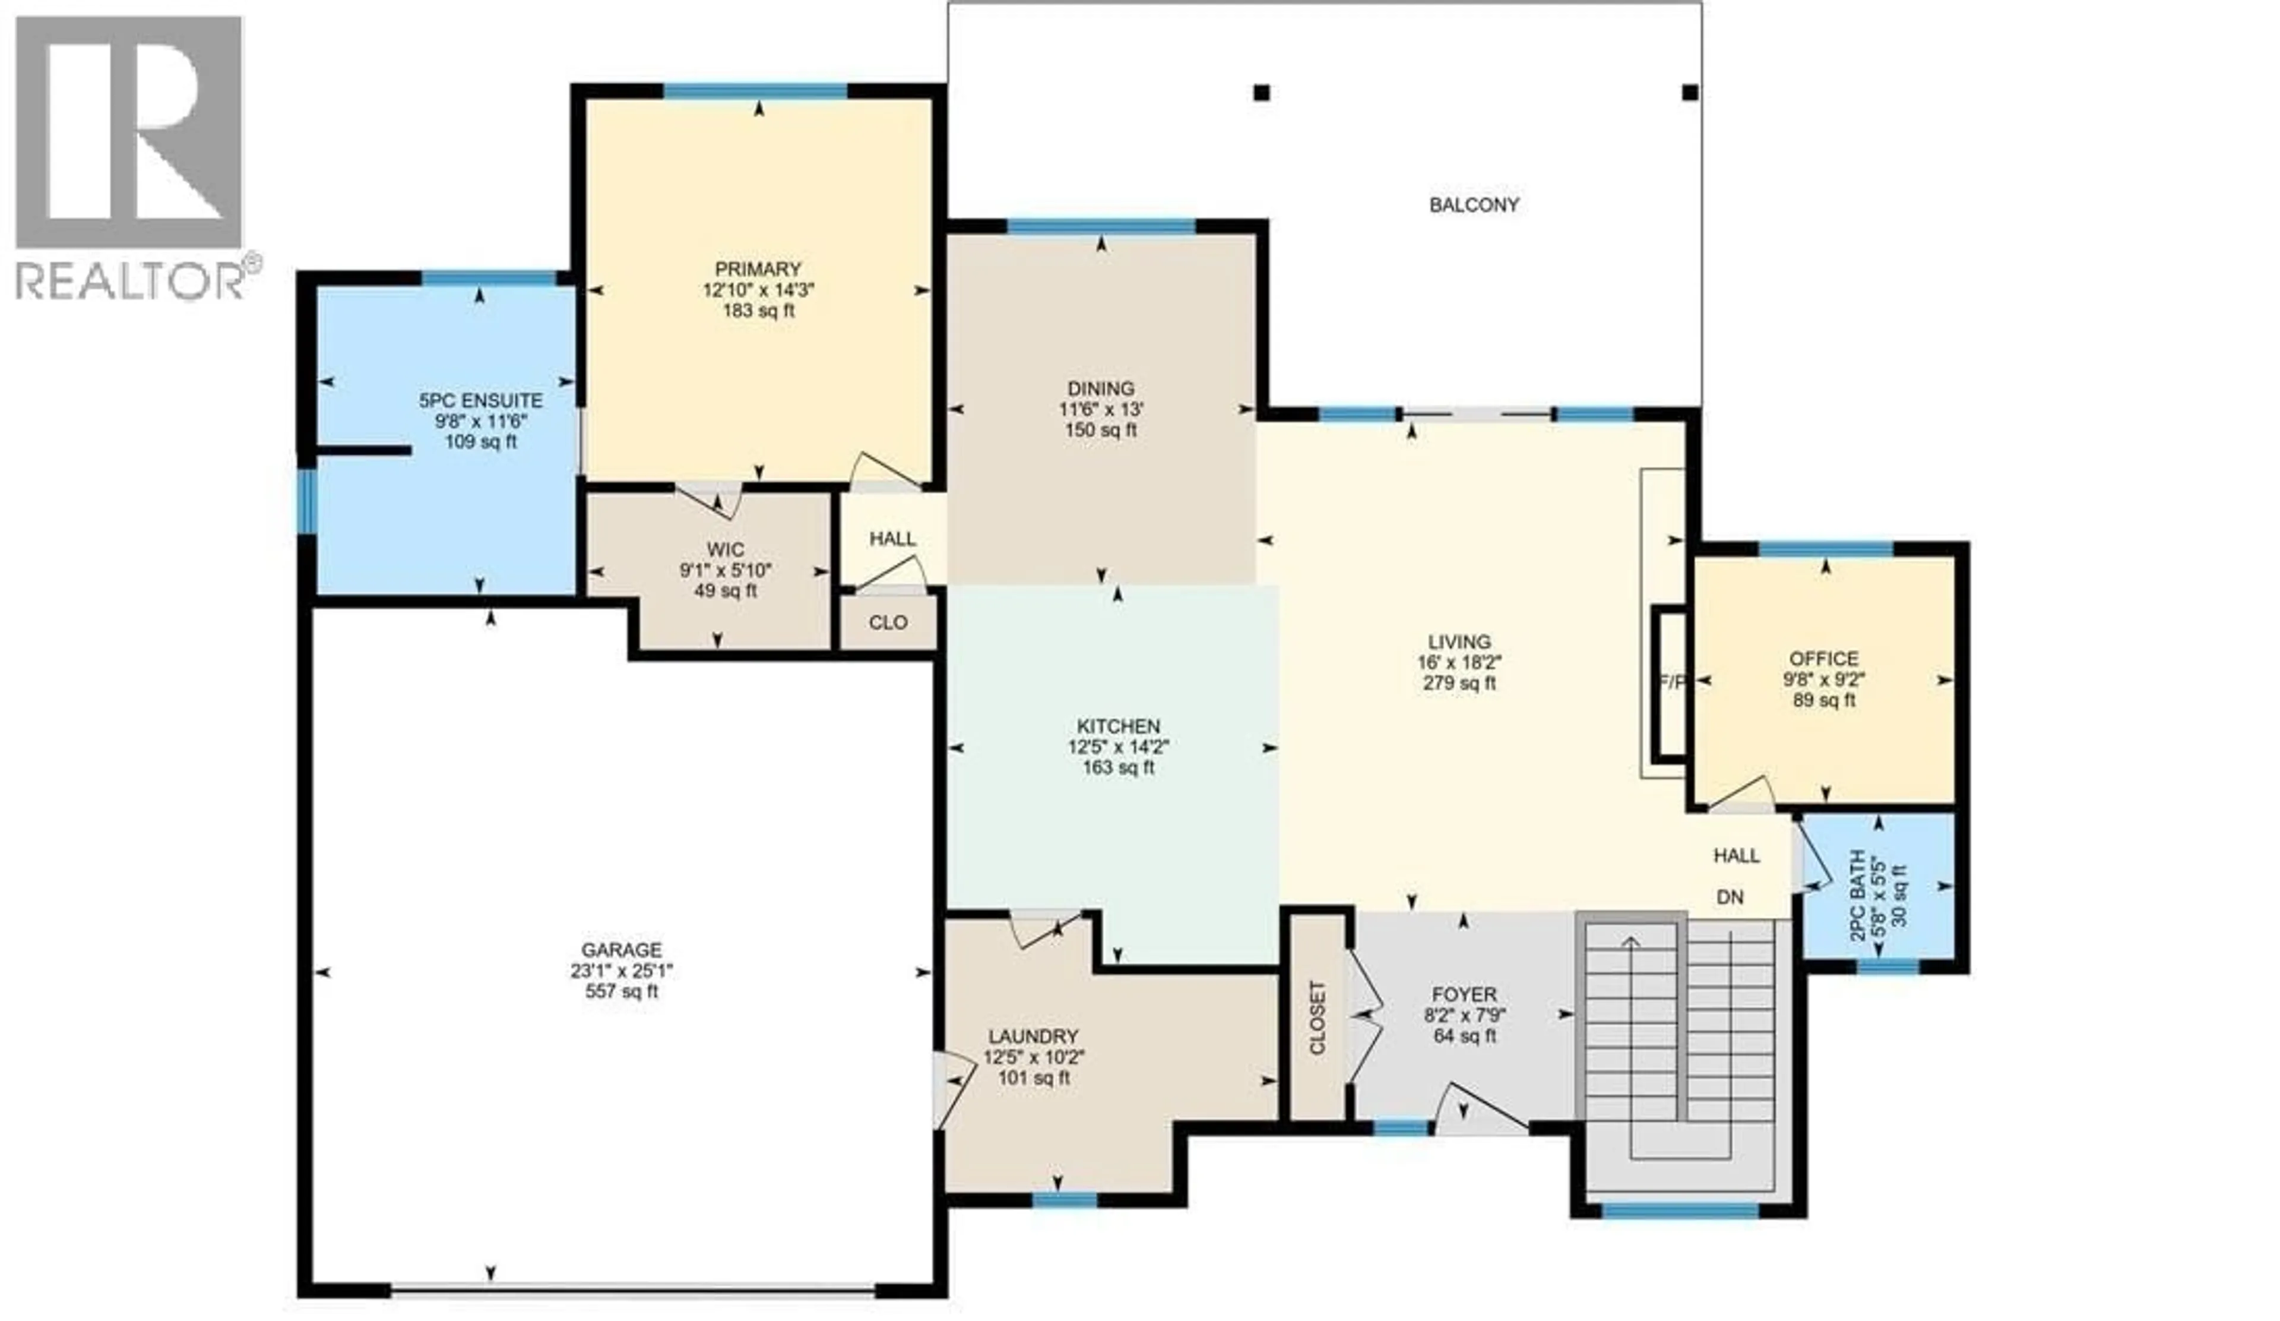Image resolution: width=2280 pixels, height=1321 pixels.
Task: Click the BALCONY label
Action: [1473, 206]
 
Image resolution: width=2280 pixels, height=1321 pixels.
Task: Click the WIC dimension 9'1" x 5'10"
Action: [726, 571]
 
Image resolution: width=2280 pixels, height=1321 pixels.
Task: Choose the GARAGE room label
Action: [622, 950]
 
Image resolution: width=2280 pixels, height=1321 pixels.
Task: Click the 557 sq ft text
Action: [622, 992]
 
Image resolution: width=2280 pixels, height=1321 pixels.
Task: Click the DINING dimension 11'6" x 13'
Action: [1101, 410]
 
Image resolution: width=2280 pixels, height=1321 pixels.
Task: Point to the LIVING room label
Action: [1459, 643]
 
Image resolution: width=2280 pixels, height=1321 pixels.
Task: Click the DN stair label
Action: [1730, 897]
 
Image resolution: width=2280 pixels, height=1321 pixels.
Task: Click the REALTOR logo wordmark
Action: [131, 280]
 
